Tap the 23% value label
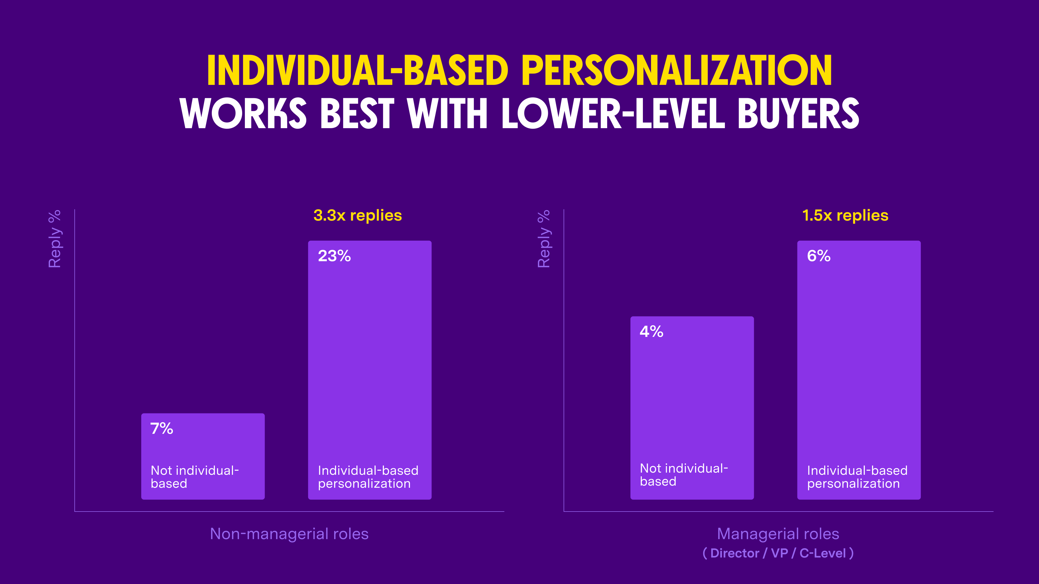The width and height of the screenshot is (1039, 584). click(x=334, y=256)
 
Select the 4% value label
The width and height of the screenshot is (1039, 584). click(x=651, y=332)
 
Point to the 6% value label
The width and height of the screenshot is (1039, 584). click(x=819, y=256)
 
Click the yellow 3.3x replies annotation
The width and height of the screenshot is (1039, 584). click(x=357, y=216)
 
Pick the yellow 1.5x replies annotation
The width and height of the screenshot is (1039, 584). click(x=845, y=216)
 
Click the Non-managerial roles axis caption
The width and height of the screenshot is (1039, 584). click(x=289, y=534)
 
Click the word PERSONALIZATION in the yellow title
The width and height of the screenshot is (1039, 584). click(x=677, y=71)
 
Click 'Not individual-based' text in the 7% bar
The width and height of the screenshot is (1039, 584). click(x=195, y=477)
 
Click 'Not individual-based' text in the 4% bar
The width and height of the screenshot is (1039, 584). click(x=684, y=475)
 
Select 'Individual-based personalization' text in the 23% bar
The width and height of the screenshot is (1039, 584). click(x=368, y=477)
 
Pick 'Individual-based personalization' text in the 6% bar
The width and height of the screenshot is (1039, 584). click(x=857, y=477)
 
